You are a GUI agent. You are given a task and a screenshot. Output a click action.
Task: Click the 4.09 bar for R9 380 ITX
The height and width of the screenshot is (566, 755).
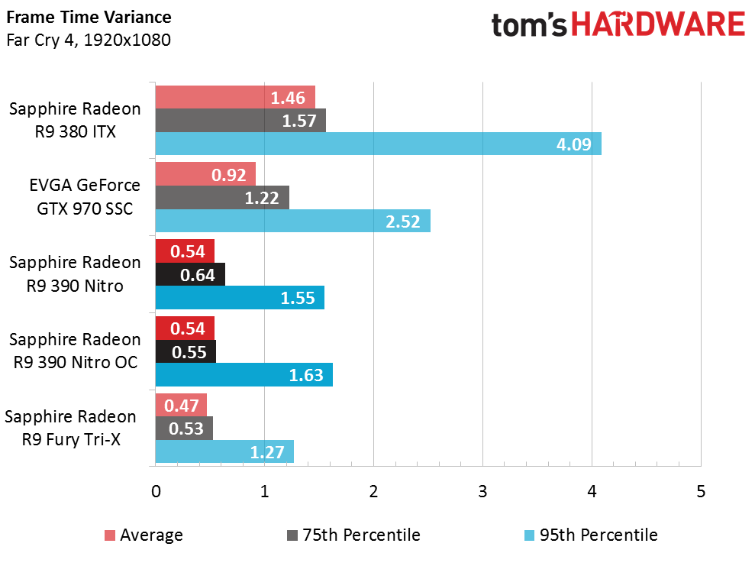point(378,144)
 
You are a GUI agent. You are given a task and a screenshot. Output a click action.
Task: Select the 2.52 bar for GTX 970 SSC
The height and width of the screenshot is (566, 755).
point(292,221)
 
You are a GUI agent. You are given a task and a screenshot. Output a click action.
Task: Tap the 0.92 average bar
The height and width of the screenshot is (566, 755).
point(205,174)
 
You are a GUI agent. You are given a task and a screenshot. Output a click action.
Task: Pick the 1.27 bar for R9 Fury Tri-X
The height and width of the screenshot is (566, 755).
point(224,451)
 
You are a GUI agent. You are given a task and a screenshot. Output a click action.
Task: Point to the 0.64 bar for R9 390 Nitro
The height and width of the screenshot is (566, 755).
point(190,275)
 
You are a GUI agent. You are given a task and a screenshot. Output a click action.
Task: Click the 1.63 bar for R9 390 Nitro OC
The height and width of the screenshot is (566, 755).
point(244,374)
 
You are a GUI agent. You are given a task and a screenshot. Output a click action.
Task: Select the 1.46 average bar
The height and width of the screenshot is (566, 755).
point(235,97)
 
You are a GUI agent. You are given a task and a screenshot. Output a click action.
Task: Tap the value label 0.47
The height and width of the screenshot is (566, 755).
point(182,406)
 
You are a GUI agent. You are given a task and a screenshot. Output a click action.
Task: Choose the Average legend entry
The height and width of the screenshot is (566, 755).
point(144,535)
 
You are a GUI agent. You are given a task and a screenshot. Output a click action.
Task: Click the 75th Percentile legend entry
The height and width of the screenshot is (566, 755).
point(353,535)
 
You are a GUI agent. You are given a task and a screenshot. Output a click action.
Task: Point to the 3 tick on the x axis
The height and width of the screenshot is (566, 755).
point(482,491)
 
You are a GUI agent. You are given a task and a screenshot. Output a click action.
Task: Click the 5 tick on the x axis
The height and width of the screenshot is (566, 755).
point(701,491)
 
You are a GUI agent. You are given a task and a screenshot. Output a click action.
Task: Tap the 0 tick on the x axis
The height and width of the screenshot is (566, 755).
point(155,491)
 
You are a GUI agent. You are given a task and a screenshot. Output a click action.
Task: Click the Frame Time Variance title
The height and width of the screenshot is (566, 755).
point(89,17)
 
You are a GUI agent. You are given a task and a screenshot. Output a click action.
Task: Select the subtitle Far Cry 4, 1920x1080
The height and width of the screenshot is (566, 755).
point(88,39)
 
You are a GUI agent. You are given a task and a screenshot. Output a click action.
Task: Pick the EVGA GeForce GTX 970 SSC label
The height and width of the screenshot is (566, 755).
point(85,197)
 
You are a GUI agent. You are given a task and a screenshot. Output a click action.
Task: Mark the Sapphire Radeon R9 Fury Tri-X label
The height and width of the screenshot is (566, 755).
point(71,428)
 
